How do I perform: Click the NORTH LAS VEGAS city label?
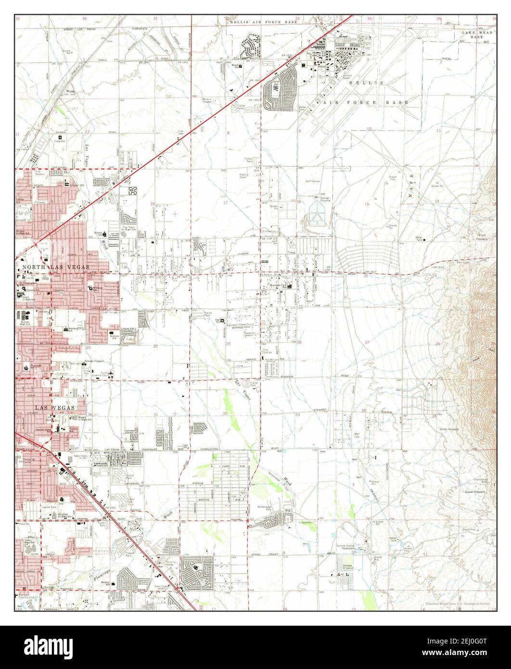pos(53,266)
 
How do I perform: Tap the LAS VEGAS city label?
pos(54,408)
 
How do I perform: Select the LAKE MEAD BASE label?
pos(476,34)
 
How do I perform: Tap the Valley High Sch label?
pos(31,542)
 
